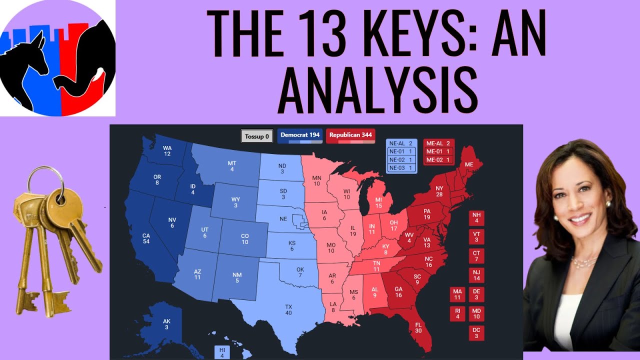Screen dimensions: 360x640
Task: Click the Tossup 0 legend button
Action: click(257, 136)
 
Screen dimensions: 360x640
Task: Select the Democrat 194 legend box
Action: click(300, 135)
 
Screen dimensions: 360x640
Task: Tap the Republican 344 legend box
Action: click(350, 135)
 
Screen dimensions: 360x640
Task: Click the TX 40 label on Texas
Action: click(288, 309)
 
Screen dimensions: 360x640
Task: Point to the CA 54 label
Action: click(146, 238)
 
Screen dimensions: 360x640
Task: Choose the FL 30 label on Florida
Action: click(418, 327)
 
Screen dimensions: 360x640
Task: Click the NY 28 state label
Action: click(439, 191)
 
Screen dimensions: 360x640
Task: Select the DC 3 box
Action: click(476, 333)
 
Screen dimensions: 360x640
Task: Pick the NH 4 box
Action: click(476, 218)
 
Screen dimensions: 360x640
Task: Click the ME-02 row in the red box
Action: click(439, 160)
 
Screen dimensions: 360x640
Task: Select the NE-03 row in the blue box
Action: click(401, 168)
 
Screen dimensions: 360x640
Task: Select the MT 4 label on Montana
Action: click(232, 166)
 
